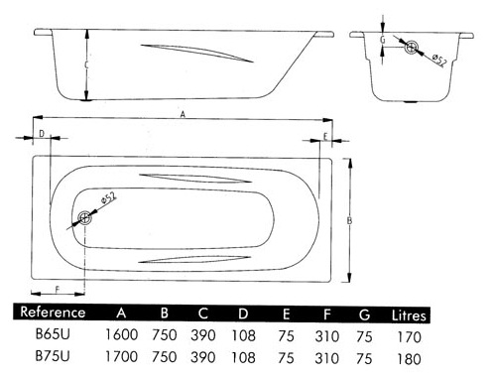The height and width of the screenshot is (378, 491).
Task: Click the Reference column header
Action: [x=53, y=313]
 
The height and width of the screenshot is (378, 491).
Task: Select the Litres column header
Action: [x=409, y=315]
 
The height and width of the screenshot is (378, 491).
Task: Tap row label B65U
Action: [x=53, y=334]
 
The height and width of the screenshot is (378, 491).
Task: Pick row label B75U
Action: [x=53, y=356]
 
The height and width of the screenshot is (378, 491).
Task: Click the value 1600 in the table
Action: [x=121, y=334]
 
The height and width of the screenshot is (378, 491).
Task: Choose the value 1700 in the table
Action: [x=121, y=356]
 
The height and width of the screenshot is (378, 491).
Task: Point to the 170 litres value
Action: [x=409, y=337]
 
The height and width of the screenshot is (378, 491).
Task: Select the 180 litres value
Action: [x=409, y=359]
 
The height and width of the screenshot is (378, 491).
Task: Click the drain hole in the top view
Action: [x=84, y=218]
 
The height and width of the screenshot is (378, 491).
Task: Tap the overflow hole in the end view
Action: [x=411, y=47]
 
